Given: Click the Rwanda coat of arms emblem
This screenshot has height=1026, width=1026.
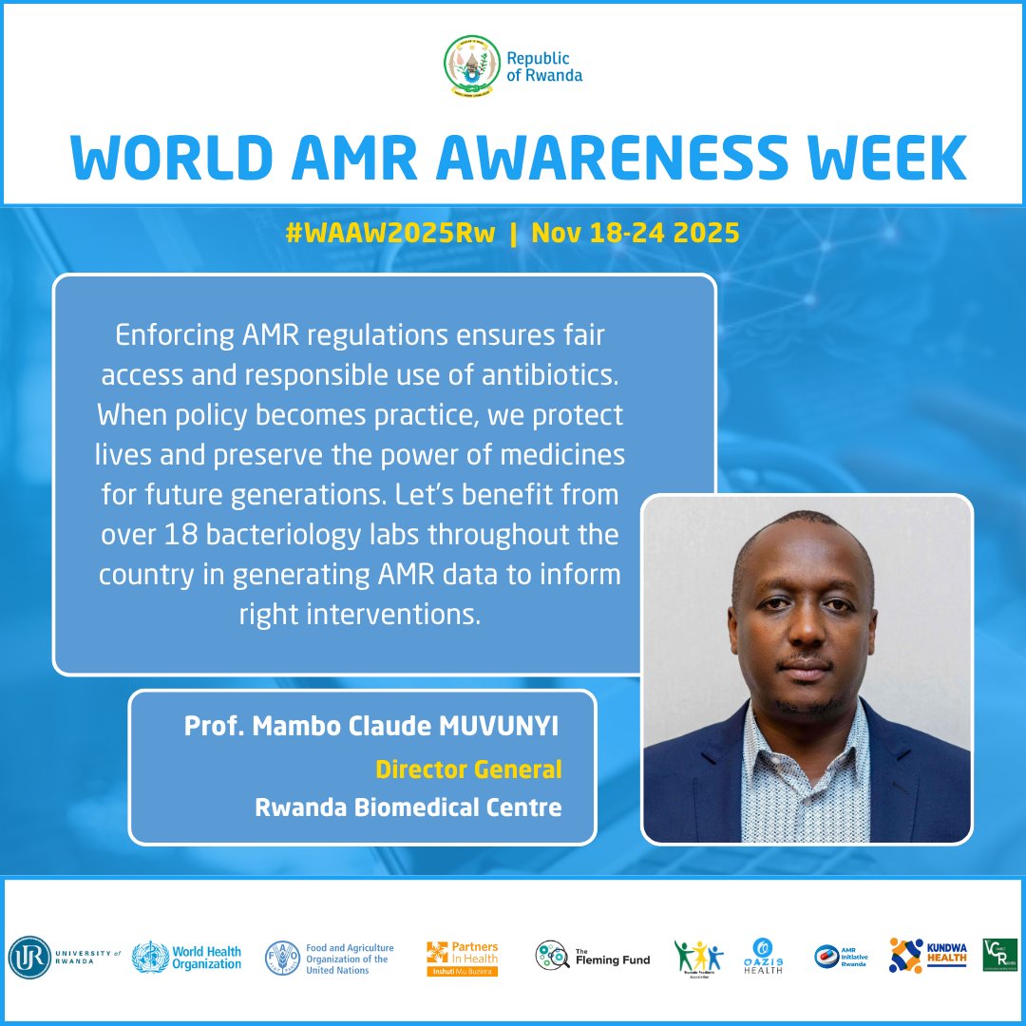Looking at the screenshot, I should pos(472,66).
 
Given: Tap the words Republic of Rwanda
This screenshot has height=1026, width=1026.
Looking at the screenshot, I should pos(543,67).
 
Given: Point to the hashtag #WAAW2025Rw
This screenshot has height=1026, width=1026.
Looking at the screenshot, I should pos(390,234).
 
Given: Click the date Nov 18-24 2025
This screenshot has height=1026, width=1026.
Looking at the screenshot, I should pos(635,234).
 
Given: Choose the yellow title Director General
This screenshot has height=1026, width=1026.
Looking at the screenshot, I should pos(468,769).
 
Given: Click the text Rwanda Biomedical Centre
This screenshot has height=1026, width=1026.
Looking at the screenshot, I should pos(408,808).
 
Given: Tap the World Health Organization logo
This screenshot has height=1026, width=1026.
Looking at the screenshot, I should pos(187,957).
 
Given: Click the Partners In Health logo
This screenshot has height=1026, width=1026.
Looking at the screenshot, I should pos(463,958).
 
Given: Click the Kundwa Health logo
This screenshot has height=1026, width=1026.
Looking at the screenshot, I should pos(928,957).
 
